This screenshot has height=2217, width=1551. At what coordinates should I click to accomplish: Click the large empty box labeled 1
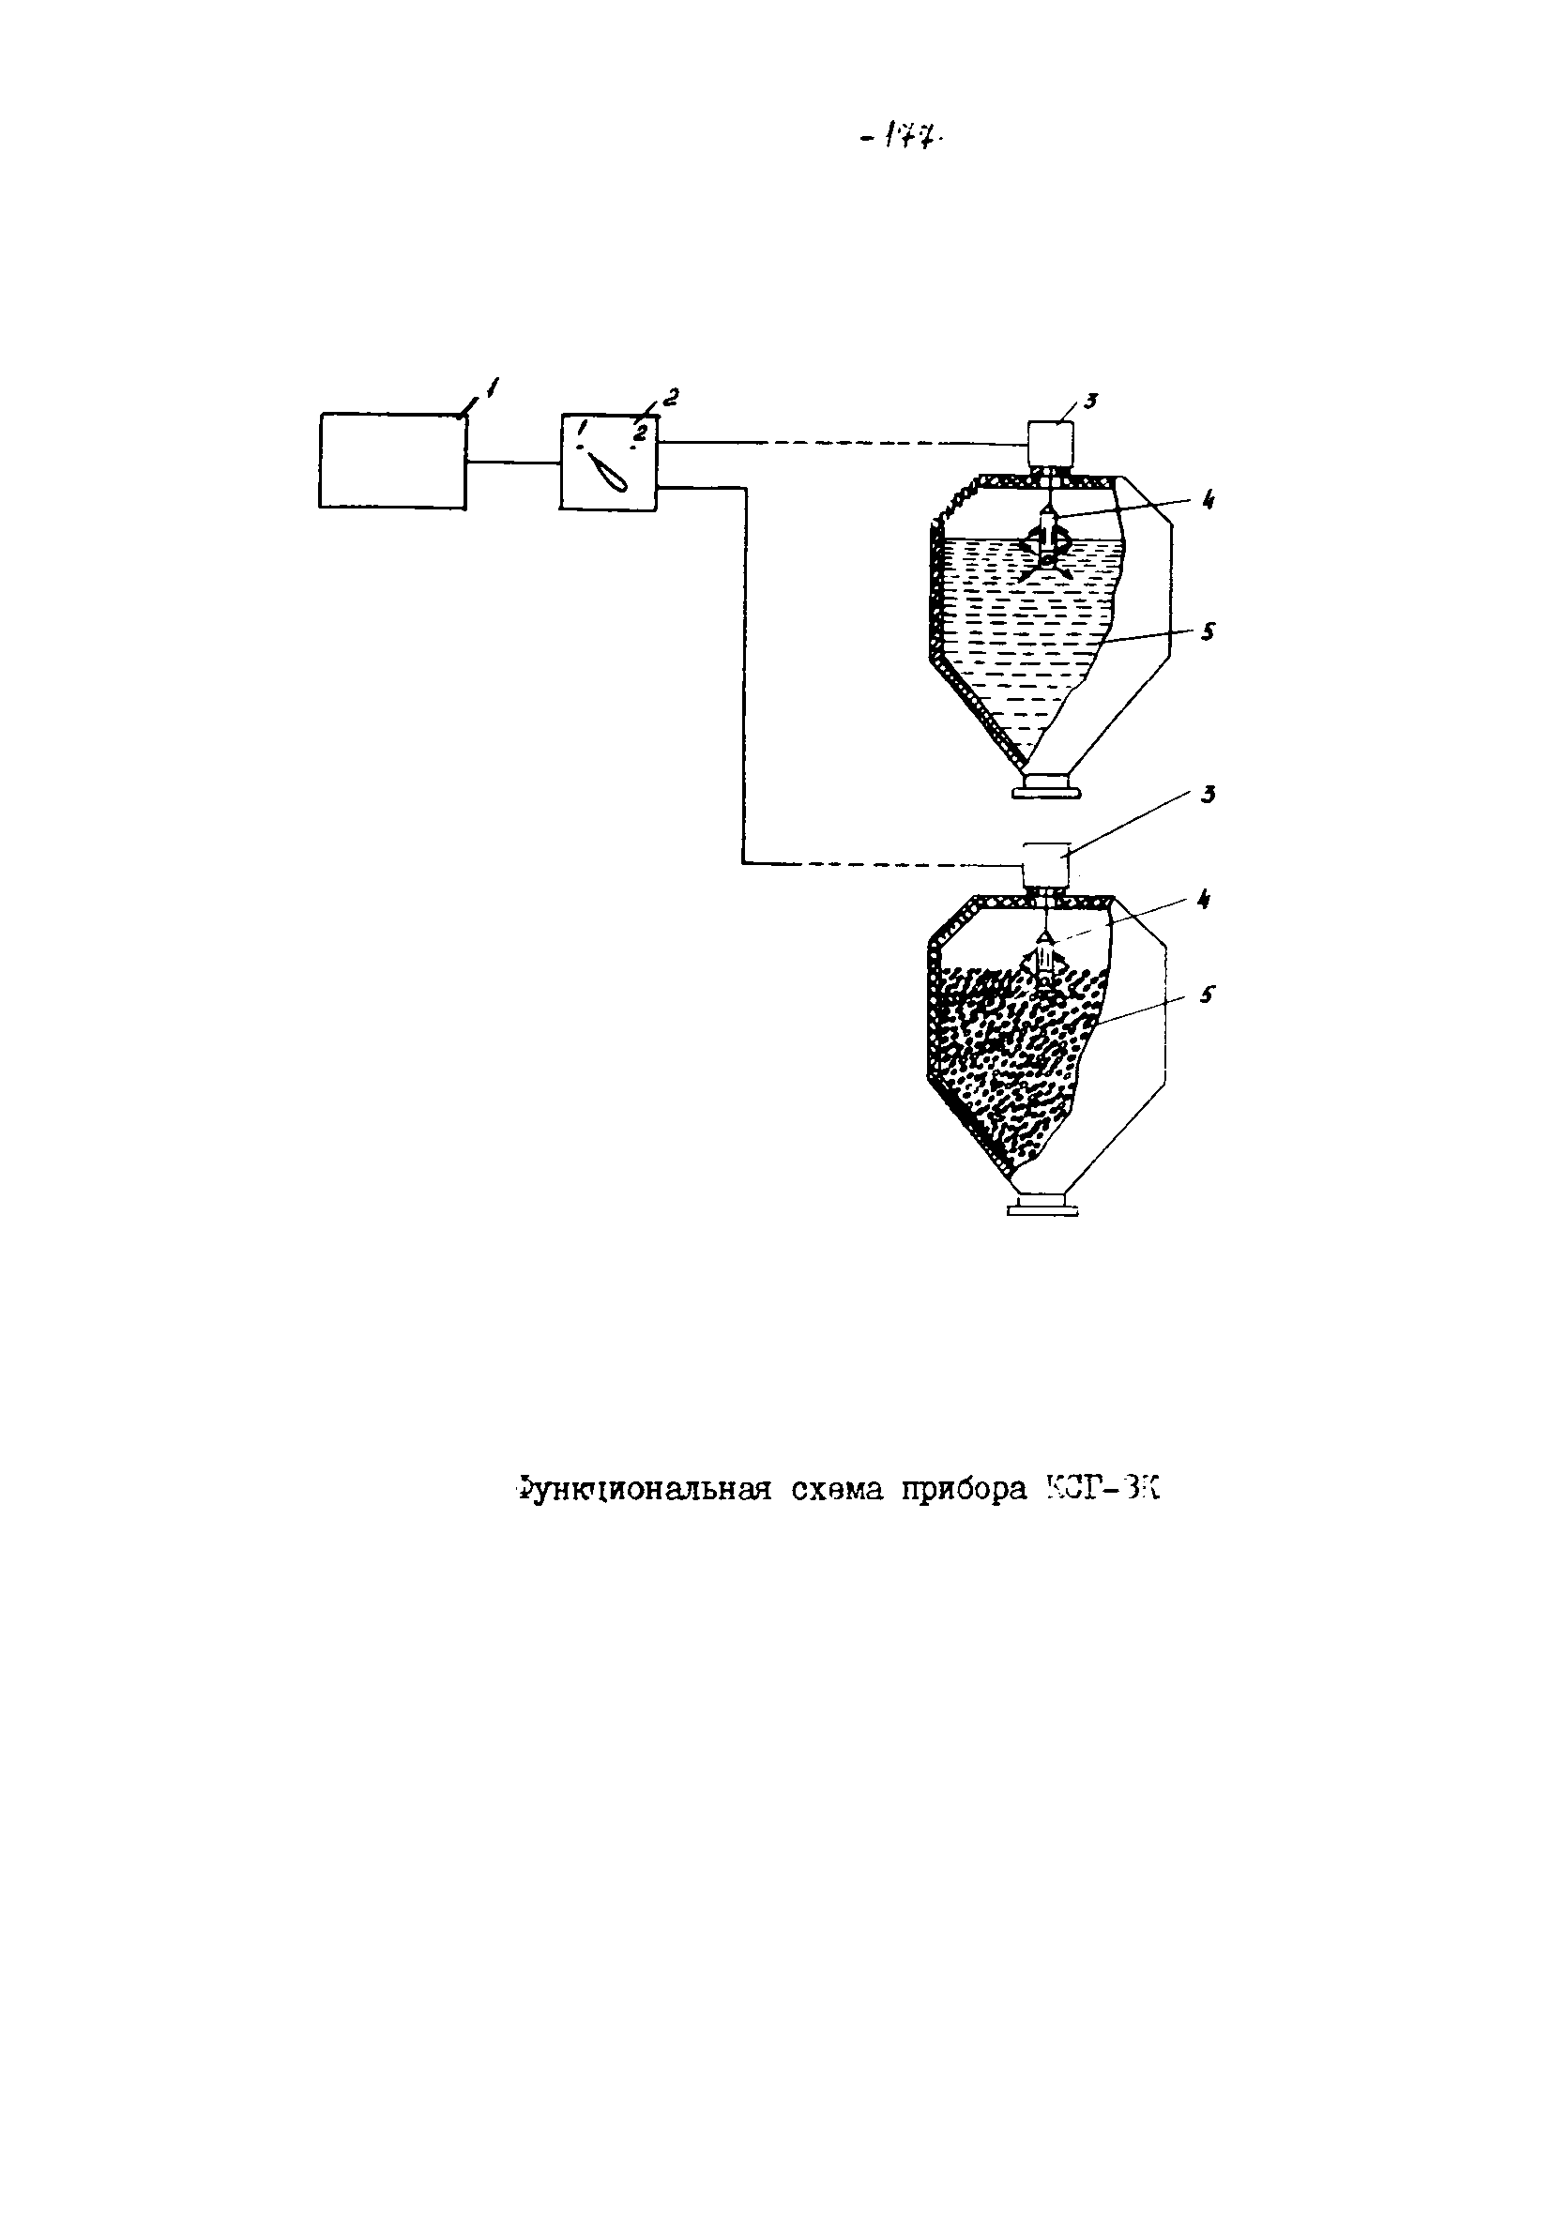[392, 461]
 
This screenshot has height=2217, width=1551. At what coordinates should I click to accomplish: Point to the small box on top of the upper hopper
[1050, 443]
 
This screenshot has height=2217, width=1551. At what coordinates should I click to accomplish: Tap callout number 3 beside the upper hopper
[1088, 401]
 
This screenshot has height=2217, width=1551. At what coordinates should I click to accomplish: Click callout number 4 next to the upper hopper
[1209, 500]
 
